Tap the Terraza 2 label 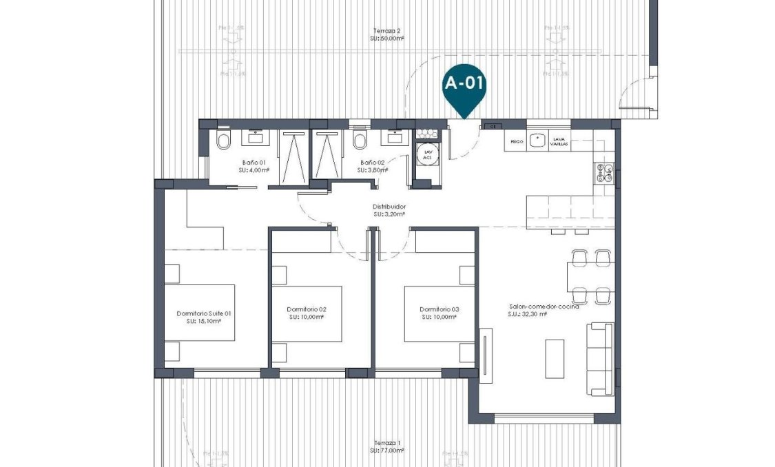[x=386, y=34]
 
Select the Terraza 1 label [x=386, y=446]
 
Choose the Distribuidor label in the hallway [x=389, y=209]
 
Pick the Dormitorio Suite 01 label [x=203, y=317]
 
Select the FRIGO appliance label [x=516, y=141]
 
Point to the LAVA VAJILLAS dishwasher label [x=559, y=141]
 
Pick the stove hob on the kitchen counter [x=603, y=172]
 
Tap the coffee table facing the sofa [x=554, y=358]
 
